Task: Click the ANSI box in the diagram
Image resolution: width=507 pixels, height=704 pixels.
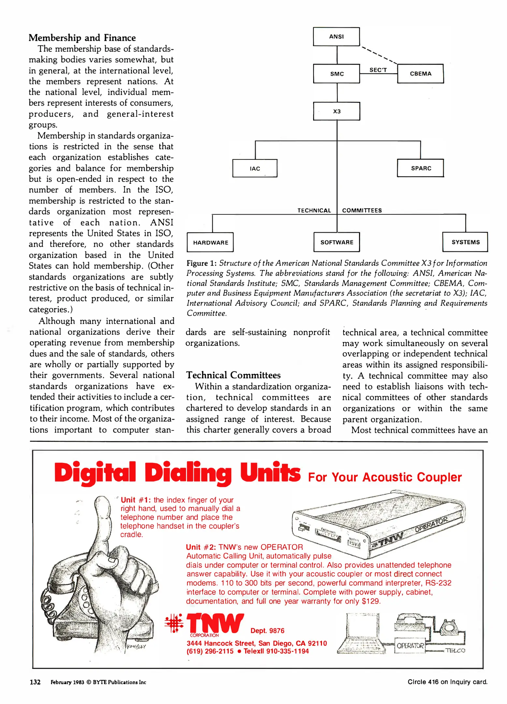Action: [336, 37]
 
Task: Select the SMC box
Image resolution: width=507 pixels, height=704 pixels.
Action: [337, 74]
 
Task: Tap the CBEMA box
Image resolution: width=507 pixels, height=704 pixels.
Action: [420, 74]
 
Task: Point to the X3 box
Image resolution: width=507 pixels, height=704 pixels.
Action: [337, 111]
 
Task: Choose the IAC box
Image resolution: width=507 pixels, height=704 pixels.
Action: [255, 168]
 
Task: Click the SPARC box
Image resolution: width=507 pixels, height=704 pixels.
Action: [421, 168]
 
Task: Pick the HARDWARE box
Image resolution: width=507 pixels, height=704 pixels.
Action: [210, 242]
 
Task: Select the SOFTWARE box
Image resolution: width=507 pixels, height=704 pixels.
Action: [337, 242]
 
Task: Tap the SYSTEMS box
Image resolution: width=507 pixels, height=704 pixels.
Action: [465, 242]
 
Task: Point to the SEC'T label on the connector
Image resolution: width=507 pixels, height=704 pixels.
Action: [378, 70]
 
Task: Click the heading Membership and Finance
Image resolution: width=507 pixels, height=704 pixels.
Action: [82, 38]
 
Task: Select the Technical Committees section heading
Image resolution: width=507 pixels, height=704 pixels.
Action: [233, 375]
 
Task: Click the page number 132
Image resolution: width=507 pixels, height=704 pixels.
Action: [35, 682]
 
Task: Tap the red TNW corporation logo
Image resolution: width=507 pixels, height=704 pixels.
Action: [215, 623]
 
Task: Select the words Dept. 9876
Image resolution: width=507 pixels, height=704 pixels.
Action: [267, 631]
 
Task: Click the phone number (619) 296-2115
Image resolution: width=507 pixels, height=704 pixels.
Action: [210, 651]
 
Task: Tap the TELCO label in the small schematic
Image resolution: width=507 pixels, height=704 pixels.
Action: [455, 651]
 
